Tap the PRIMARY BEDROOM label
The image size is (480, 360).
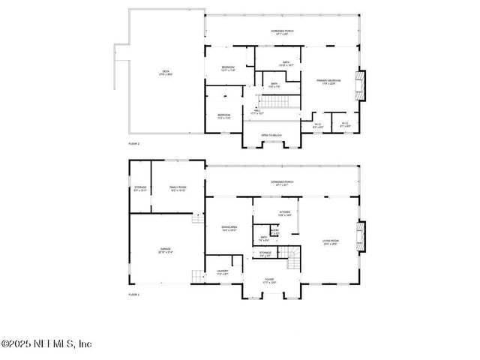pyautogui.click(x=328, y=81)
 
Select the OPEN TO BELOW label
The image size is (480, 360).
pyautogui.click(x=271, y=135)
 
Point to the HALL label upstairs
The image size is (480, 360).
pyautogui.click(x=257, y=111)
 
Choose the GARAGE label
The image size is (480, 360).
pyautogui.click(x=165, y=250)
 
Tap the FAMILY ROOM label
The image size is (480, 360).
pyautogui.click(x=178, y=188)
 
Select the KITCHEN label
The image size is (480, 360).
pyautogui.click(x=285, y=214)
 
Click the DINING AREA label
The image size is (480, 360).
pyautogui.click(x=229, y=228)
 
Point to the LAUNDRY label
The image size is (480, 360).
pyautogui.click(x=223, y=271)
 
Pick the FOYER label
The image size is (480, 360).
pyautogui.click(x=268, y=280)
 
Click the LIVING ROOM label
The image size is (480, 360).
pyautogui.click(x=331, y=241)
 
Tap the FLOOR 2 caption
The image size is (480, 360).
pyautogui.click(x=134, y=142)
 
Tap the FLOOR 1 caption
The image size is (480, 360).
pyautogui.click(x=134, y=295)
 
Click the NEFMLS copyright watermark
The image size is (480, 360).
pyautogui.click(x=46, y=343)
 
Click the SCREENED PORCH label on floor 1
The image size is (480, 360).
pyautogui.click(x=282, y=182)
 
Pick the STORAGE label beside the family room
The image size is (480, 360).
pyautogui.click(x=140, y=188)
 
